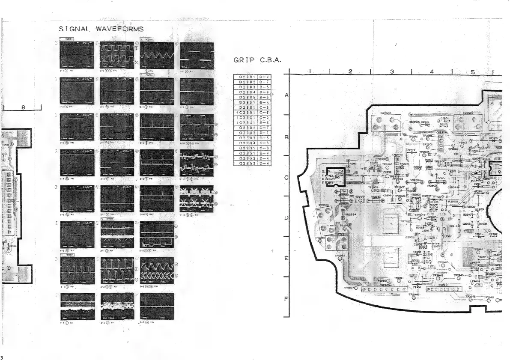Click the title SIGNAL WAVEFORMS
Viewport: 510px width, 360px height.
(101, 29)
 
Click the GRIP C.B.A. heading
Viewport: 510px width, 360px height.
(257, 60)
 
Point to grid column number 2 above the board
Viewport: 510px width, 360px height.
(350, 72)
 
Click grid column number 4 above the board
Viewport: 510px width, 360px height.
(431, 72)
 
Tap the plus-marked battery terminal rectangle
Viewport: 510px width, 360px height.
(391, 223)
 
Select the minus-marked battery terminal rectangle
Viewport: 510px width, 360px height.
(391, 260)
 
